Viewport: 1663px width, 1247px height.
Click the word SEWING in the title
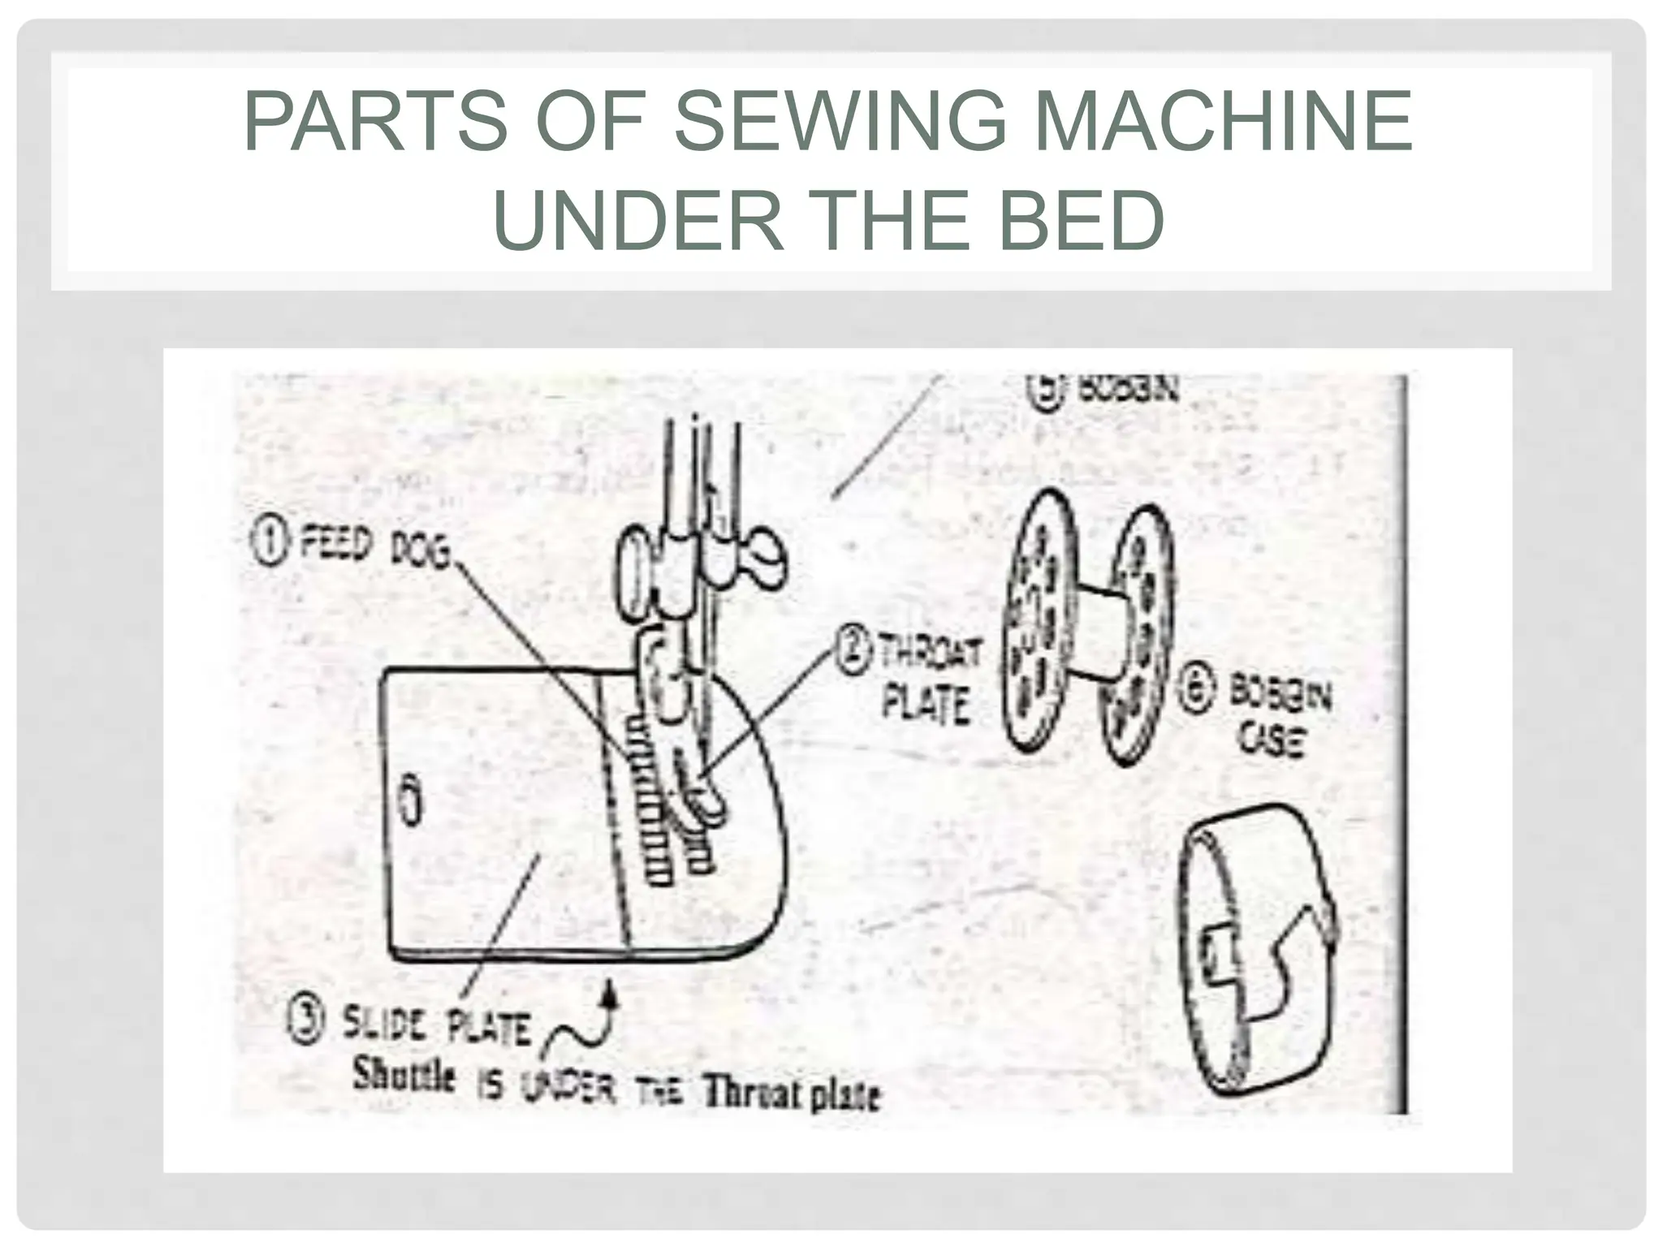[x=840, y=123]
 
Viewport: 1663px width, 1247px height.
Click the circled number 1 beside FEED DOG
[x=270, y=543]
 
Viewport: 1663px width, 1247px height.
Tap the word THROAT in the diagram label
[x=931, y=654]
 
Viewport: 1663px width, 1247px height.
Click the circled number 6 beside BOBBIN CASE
[x=1197, y=693]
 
